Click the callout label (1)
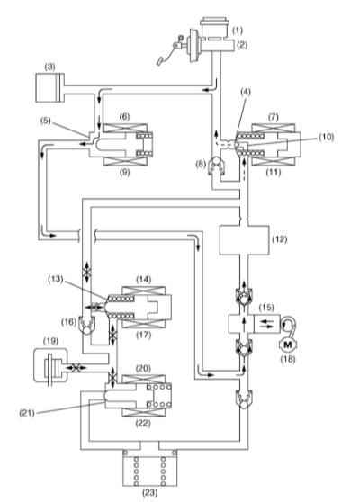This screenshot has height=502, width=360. click(238, 31)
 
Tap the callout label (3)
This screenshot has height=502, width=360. click(49, 67)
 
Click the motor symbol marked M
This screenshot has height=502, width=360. click(288, 345)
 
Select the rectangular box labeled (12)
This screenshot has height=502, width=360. click(244, 240)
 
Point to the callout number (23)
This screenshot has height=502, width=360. click(149, 492)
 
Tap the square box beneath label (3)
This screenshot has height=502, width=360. click(49, 88)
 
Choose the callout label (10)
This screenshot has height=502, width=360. click(326, 137)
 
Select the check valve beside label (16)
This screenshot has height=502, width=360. click(86, 325)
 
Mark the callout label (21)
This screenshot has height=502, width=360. click(27, 413)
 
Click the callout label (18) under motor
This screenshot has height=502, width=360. click(288, 359)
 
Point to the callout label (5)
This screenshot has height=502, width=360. click(46, 121)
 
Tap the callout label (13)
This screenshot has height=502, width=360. click(56, 279)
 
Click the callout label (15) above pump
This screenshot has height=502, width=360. click(266, 308)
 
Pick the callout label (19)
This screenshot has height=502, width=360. click(50, 341)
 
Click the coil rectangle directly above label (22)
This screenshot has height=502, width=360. click(144, 412)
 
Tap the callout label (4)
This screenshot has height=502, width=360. click(246, 92)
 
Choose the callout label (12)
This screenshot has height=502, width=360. click(280, 239)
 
